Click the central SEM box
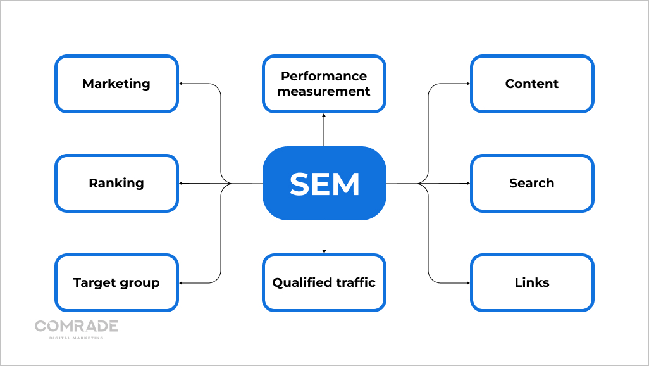click(324, 184)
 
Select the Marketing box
click(116, 84)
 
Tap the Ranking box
click(116, 183)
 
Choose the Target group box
click(116, 282)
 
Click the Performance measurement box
click(324, 84)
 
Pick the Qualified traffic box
click(324, 282)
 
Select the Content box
click(532, 84)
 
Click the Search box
click(532, 183)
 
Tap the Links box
click(532, 282)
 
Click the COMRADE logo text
click(77, 326)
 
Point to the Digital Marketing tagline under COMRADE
click(77, 338)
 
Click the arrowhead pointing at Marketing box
click(182, 84)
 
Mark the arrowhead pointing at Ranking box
click(182, 184)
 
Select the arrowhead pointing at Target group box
click(182, 282)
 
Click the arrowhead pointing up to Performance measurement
click(324, 116)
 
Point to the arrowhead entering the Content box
click(467, 84)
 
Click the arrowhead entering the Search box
click(467, 184)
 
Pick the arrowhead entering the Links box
click(467, 282)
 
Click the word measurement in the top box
click(324, 91)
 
